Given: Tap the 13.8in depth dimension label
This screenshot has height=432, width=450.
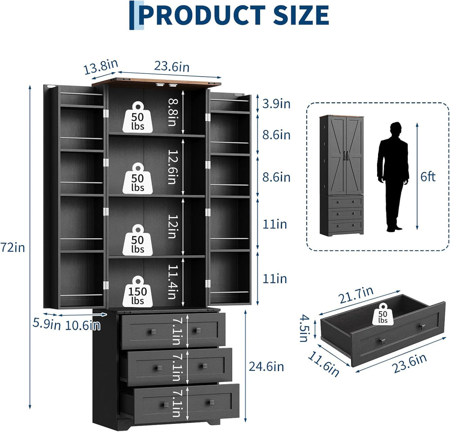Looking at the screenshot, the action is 101,67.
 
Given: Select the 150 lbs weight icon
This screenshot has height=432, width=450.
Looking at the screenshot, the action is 138,291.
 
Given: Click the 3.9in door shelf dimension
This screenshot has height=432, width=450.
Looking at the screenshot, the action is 276,104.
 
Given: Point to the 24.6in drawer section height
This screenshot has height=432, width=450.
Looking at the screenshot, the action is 266,367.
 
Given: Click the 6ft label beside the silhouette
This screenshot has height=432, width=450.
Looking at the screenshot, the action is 428,177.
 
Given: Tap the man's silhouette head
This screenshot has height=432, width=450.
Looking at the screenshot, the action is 396,127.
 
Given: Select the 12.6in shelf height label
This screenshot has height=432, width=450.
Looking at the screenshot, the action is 173,167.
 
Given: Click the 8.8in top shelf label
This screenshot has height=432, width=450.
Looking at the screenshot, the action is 173,112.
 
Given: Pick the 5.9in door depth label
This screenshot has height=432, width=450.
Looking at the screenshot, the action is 46,324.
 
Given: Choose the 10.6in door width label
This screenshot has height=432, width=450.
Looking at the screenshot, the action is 83,325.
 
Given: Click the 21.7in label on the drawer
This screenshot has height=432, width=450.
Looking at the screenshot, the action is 356,295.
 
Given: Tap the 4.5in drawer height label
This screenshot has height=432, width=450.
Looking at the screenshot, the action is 304,328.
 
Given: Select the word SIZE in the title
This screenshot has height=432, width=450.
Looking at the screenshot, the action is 301,15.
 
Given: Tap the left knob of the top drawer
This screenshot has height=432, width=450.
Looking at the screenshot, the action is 152,332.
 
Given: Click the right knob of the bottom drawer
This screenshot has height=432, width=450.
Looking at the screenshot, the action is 212,402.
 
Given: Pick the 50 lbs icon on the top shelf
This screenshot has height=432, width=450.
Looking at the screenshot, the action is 138,117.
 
